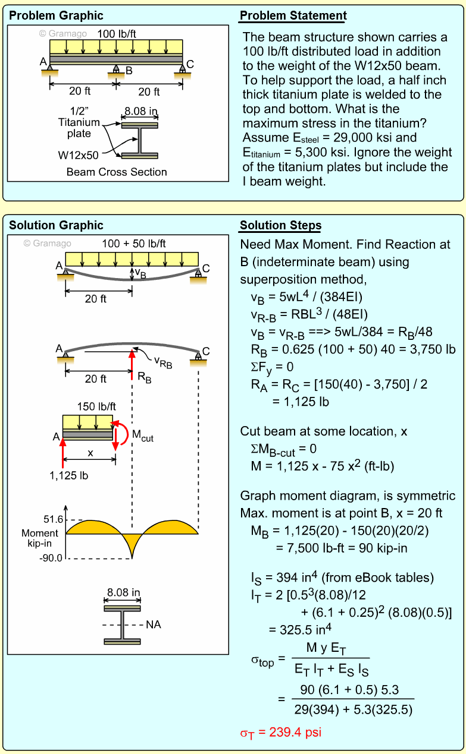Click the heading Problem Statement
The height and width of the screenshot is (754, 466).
293,15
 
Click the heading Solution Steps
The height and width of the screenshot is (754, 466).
280,225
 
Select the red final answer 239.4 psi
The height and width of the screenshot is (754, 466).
280,732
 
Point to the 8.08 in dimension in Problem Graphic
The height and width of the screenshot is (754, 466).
140,111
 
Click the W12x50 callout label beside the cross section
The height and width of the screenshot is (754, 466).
78,155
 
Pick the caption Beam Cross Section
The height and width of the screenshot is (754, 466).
117,172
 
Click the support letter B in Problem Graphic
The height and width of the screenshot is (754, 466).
129,70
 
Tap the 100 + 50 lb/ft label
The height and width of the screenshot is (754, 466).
134,244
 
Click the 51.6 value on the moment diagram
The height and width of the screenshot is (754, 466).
54,519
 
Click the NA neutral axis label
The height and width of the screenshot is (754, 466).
154,624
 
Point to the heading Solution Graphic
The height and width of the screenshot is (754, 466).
56,225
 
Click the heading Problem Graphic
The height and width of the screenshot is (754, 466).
56,15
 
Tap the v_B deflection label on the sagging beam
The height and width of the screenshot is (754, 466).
140,273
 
